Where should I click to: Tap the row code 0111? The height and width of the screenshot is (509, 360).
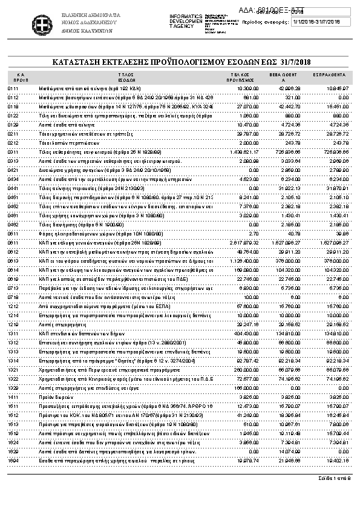[13, 88]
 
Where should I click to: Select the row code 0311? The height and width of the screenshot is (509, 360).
[13, 152]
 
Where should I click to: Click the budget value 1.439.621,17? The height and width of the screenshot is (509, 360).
[245, 152]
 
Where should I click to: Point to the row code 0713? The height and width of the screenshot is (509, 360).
[13, 288]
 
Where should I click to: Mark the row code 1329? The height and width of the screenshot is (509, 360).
[13, 387]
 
